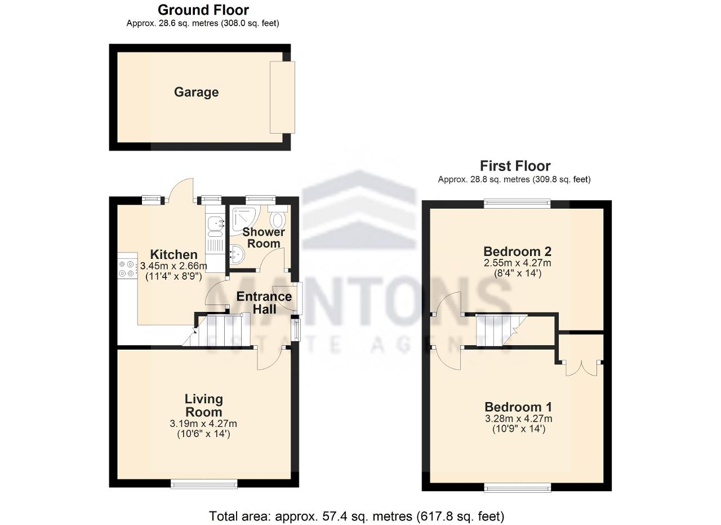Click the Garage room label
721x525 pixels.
coord(197,92)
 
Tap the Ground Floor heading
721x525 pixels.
coord(203,10)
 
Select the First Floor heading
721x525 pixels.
coord(515,166)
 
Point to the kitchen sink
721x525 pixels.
coord(215,226)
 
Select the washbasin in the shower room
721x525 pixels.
coord(237,254)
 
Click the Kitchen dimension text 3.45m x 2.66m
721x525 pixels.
coord(173,266)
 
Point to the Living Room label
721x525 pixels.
coord(203,405)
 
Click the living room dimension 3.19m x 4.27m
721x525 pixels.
coord(203,423)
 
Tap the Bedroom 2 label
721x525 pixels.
coord(517,252)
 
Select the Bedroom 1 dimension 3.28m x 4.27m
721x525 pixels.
coord(519,418)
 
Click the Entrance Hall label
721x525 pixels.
coord(264,303)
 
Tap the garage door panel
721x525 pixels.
coord(282,98)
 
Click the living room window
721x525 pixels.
coord(204,484)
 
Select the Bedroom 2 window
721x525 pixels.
coord(517,204)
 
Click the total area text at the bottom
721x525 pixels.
coord(357,516)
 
